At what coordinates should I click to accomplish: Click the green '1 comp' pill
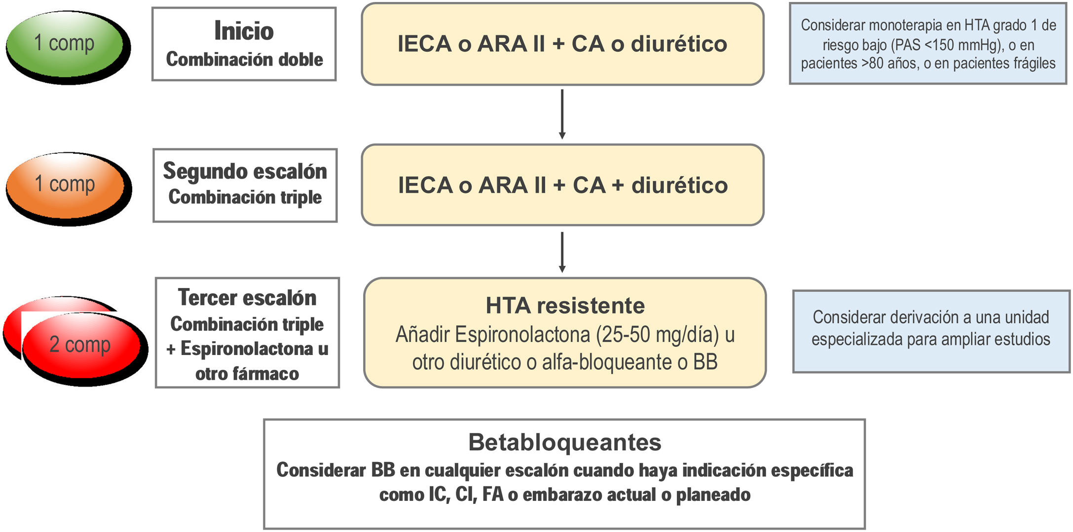(64, 44)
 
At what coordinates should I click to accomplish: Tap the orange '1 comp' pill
(65, 184)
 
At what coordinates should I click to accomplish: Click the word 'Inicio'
(244, 31)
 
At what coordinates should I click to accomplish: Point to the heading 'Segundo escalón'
(245, 171)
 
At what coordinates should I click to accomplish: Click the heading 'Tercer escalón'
(247, 298)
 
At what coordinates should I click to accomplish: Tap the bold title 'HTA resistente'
(565, 306)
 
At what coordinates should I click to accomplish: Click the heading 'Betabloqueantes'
(564, 442)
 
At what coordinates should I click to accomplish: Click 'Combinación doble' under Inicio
(244, 60)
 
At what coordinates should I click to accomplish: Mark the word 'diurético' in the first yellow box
(679, 44)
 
